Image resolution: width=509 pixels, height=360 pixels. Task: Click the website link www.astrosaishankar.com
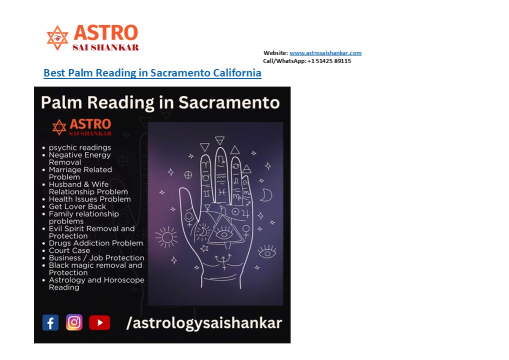click(x=325, y=53)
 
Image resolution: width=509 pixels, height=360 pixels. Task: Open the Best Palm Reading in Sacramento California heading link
click(x=152, y=72)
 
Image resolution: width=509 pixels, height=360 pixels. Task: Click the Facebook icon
click(x=50, y=322)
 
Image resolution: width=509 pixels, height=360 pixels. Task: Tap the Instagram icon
click(x=74, y=322)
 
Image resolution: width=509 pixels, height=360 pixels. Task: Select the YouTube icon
click(x=99, y=322)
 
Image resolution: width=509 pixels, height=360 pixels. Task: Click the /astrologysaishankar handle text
click(x=204, y=322)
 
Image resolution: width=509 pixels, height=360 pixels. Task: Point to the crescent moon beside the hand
click(x=267, y=195)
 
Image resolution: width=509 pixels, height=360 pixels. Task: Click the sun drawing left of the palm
click(x=166, y=237)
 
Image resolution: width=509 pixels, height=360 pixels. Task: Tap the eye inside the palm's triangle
click(x=224, y=234)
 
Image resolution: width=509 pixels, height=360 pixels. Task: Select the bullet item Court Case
click(x=69, y=250)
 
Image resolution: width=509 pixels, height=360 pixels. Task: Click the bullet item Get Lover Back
click(x=77, y=206)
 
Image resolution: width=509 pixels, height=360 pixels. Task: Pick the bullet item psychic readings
click(x=80, y=147)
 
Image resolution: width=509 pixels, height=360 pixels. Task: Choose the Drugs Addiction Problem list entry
click(x=96, y=243)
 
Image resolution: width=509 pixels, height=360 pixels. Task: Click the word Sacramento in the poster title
click(x=229, y=102)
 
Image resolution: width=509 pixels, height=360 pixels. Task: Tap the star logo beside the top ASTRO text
click(x=57, y=38)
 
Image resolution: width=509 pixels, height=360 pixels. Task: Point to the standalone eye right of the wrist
click(x=267, y=252)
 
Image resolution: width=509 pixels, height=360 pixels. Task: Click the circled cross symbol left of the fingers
click(x=188, y=175)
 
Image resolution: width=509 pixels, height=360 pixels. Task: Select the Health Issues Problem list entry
click(x=89, y=199)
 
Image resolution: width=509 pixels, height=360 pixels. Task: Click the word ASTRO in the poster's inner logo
click(x=90, y=124)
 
